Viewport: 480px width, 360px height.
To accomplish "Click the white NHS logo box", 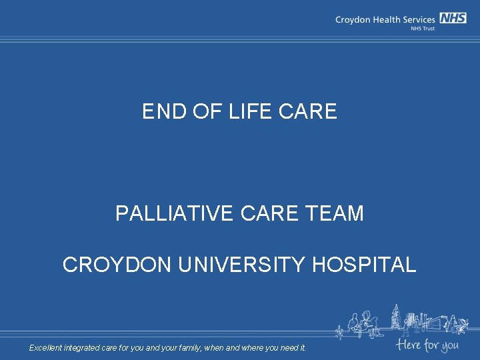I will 453,19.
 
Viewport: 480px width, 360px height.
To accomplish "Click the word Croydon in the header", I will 352,20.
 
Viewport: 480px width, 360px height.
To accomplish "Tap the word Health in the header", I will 386,19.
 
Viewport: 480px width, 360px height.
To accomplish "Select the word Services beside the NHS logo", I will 419,19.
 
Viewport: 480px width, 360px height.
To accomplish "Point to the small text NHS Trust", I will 423,29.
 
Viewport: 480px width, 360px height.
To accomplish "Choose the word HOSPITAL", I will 364,265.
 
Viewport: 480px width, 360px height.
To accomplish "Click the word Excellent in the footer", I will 45,347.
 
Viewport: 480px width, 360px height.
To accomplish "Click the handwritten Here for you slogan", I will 427,345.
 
